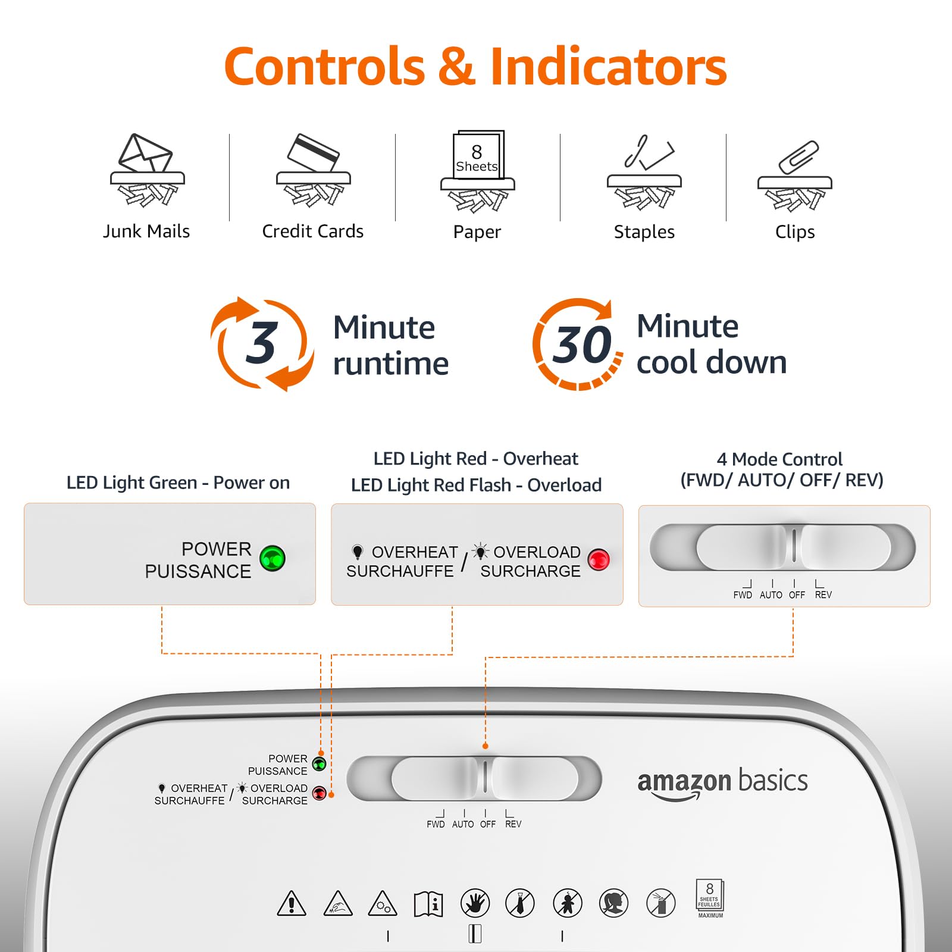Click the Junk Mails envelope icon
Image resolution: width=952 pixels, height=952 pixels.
(x=147, y=170)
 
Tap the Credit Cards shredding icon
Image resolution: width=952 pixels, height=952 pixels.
(x=314, y=170)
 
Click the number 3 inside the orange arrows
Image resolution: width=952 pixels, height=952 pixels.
(x=261, y=343)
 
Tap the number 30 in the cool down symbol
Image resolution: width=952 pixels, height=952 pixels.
(x=581, y=345)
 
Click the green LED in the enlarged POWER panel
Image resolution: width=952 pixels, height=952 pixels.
(x=273, y=558)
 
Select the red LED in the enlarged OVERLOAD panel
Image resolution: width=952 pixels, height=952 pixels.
(x=599, y=559)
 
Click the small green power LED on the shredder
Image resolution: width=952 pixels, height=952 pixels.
(x=320, y=764)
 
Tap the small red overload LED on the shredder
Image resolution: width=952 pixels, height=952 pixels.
(x=320, y=794)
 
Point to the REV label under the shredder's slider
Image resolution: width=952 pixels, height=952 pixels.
(x=513, y=824)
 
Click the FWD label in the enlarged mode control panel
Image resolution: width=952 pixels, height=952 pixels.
(x=743, y=595)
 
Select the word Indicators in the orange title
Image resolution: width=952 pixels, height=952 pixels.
(x=608, y=66)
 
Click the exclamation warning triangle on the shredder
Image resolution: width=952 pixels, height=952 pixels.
(x=292, y=903)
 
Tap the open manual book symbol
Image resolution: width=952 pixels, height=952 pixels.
(x=428, y=904)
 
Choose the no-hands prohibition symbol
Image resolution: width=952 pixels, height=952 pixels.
(x=475, y=903)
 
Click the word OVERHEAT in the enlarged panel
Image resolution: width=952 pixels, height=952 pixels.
(x=415, y=552)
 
